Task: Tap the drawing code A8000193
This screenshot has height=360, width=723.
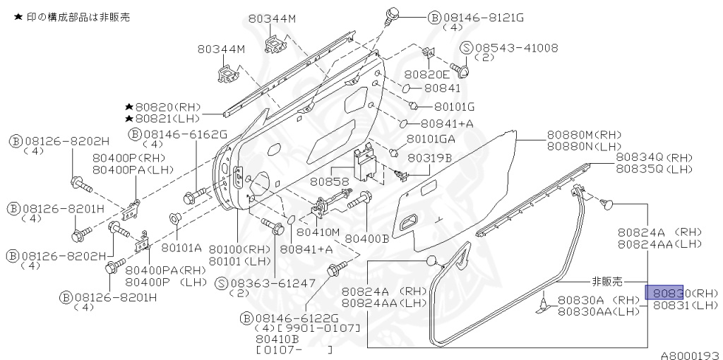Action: point(691,355)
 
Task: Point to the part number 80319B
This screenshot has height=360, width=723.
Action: point(429,158)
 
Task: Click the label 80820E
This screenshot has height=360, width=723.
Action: point(426,74)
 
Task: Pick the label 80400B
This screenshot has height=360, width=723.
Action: point(367,239)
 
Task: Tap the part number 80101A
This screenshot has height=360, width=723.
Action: point(181,248)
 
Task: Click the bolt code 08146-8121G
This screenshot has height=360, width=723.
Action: point(484,18)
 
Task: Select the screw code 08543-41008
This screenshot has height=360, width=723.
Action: point(517,47)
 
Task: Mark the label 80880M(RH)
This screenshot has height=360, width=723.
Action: point(585,135)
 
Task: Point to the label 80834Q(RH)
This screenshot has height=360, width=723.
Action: point(655,157)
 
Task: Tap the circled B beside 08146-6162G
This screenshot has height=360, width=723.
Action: point(135,134)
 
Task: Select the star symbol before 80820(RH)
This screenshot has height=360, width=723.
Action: point(129,107)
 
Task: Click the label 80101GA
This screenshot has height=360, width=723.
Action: point(431,139)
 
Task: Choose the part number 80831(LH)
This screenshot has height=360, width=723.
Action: point(686,305)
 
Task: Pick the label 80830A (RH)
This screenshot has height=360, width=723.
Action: point(599,301)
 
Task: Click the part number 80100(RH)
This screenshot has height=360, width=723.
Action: point(240,249)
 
